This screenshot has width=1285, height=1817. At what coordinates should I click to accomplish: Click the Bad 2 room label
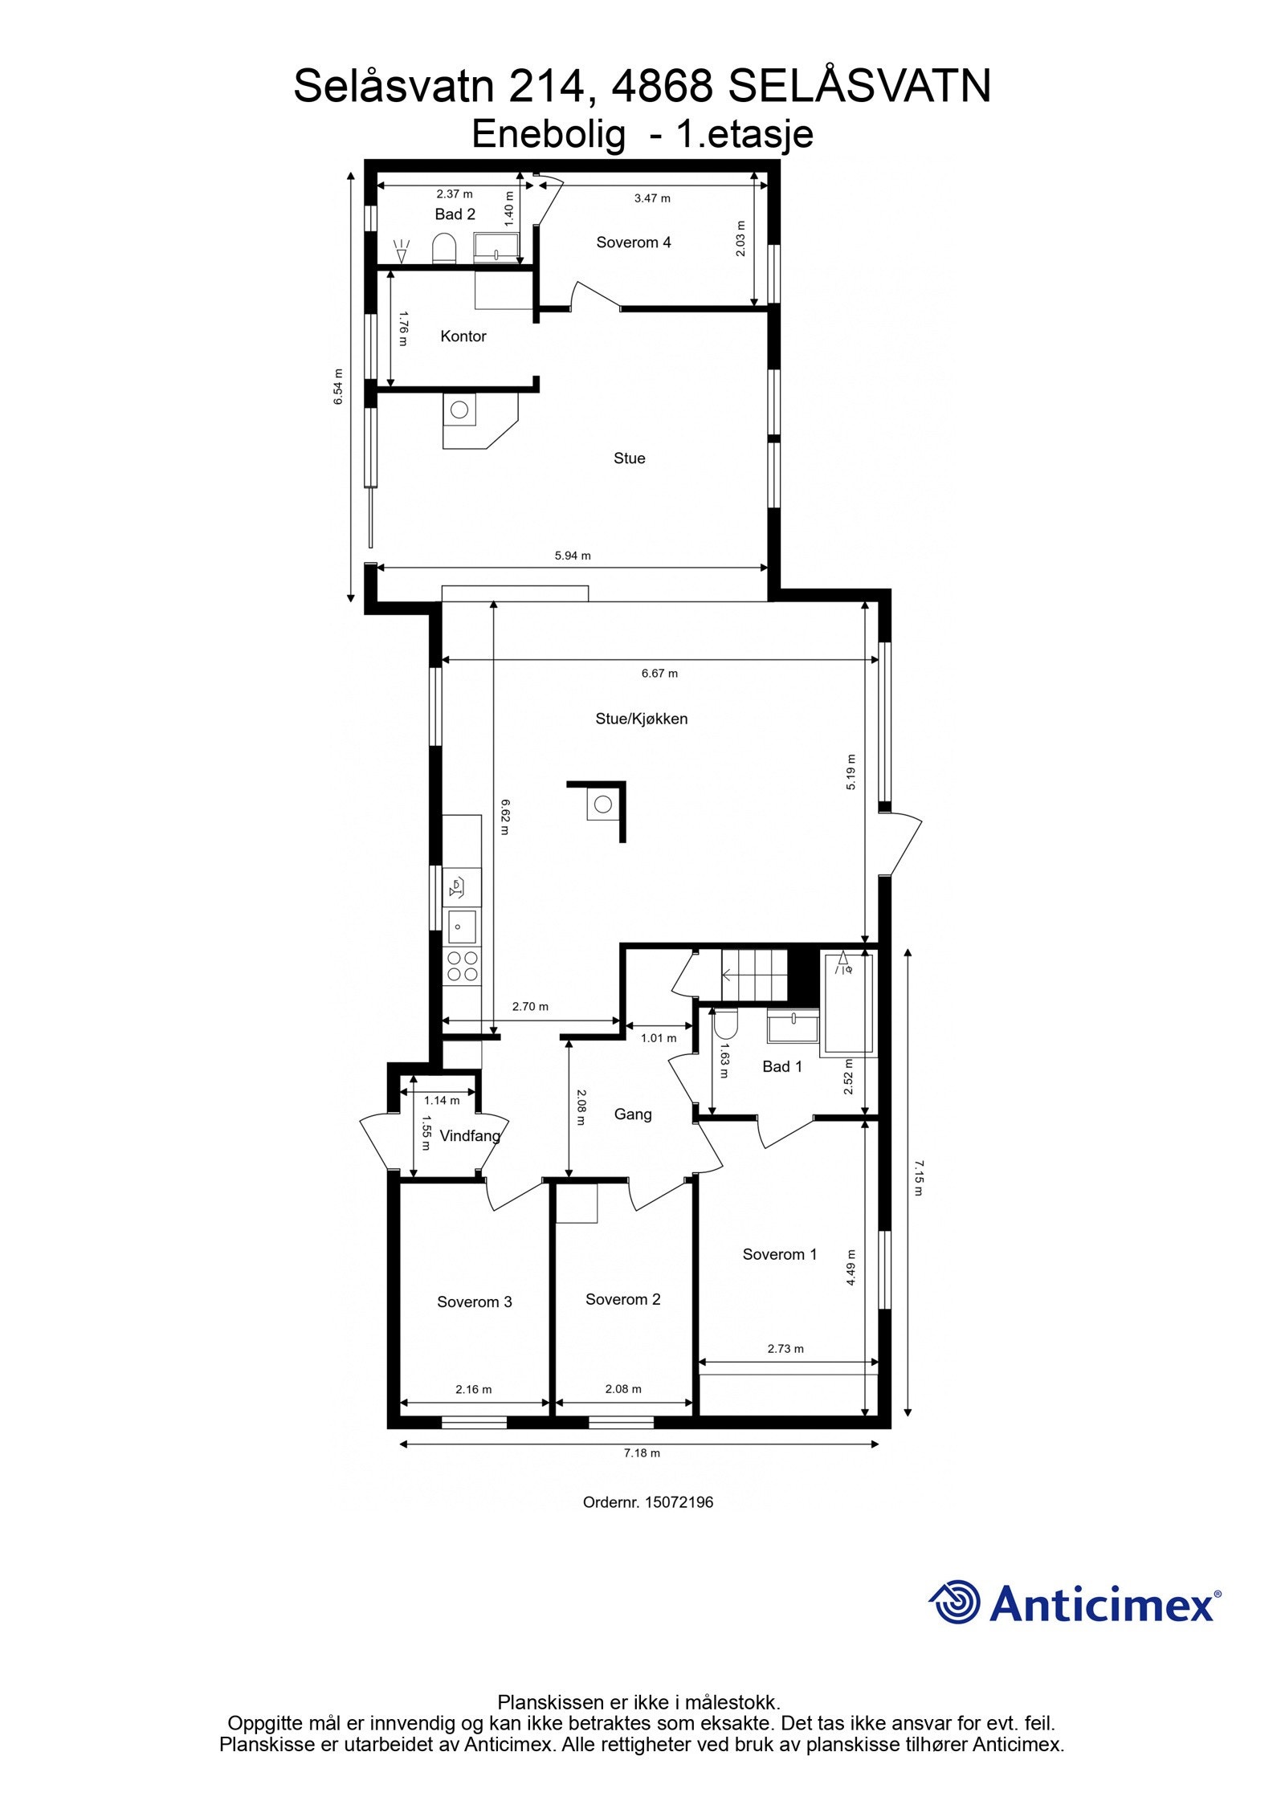455,214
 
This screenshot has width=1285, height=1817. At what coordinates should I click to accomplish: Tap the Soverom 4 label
633,242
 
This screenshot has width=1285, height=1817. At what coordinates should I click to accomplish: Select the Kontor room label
463,336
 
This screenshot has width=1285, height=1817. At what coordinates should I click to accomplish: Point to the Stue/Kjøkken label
641,719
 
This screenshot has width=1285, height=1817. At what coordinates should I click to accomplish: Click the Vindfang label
470,1136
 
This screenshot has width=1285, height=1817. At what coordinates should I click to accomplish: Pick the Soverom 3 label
474,1302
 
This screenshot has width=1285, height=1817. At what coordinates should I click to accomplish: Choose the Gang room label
632,1114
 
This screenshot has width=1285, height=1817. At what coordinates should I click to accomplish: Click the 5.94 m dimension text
572,556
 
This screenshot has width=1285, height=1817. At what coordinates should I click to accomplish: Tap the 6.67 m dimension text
659,674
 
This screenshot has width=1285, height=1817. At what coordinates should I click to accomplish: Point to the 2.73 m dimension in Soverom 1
785,1349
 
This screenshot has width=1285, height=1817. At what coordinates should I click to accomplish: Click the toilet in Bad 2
443,247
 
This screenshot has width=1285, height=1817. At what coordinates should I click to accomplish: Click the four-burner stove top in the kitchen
461,966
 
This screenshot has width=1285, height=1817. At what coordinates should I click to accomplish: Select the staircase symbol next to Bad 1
753,975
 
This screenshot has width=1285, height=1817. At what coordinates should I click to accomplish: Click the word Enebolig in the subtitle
548,135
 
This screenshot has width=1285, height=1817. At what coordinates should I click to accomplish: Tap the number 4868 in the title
662,87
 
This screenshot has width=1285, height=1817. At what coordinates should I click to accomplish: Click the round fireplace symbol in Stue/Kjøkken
602,804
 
